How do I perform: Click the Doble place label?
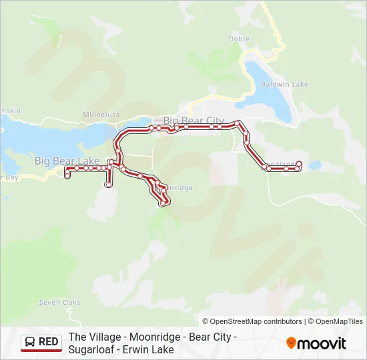click(239, 39)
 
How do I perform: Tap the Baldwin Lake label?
click(284, 85)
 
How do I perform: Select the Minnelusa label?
click(100, 115)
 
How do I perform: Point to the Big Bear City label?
click(194, 121)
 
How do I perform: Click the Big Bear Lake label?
click(67, 161)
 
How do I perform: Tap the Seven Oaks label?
click(59, 303)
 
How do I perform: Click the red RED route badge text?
click(49, 342)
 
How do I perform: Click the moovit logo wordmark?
click(322, 343)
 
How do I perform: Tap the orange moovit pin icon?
click(291, 343)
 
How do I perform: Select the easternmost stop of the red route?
click(300, 164)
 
